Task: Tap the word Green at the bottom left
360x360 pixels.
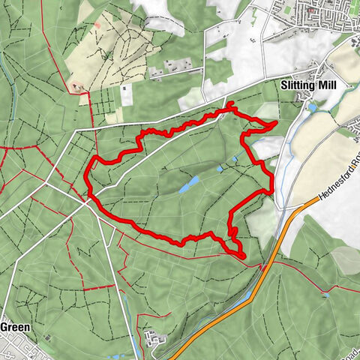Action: point(15,327)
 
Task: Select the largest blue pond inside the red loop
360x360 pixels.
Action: point(188,182)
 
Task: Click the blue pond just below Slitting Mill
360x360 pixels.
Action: point(312,107)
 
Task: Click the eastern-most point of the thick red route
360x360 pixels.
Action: point(277,121)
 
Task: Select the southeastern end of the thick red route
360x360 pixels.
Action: point(244,256)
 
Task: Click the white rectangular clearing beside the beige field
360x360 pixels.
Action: point(125,94)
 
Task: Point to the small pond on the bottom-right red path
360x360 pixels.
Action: point(326,295)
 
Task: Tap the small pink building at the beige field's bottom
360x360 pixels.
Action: point(76,87)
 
